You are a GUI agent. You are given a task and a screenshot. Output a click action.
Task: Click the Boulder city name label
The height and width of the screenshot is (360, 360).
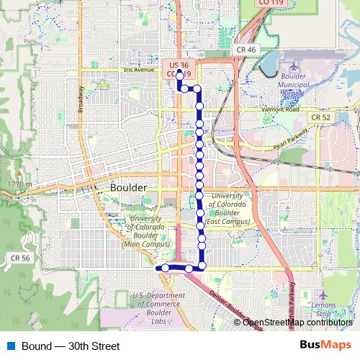click(129, 187)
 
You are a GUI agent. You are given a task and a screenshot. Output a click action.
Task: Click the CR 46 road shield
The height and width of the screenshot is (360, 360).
click(245, 50)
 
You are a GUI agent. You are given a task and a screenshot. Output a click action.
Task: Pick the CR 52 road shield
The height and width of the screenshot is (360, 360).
click(321, 117)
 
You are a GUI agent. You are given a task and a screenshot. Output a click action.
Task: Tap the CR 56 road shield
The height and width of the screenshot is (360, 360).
click(20, 258)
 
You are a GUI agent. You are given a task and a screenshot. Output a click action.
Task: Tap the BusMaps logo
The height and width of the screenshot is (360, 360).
click(326, 346)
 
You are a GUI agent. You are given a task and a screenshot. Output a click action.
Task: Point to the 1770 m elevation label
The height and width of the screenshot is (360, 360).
click(20, 185)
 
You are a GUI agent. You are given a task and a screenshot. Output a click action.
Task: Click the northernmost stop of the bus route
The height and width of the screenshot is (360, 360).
click(179, 73)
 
